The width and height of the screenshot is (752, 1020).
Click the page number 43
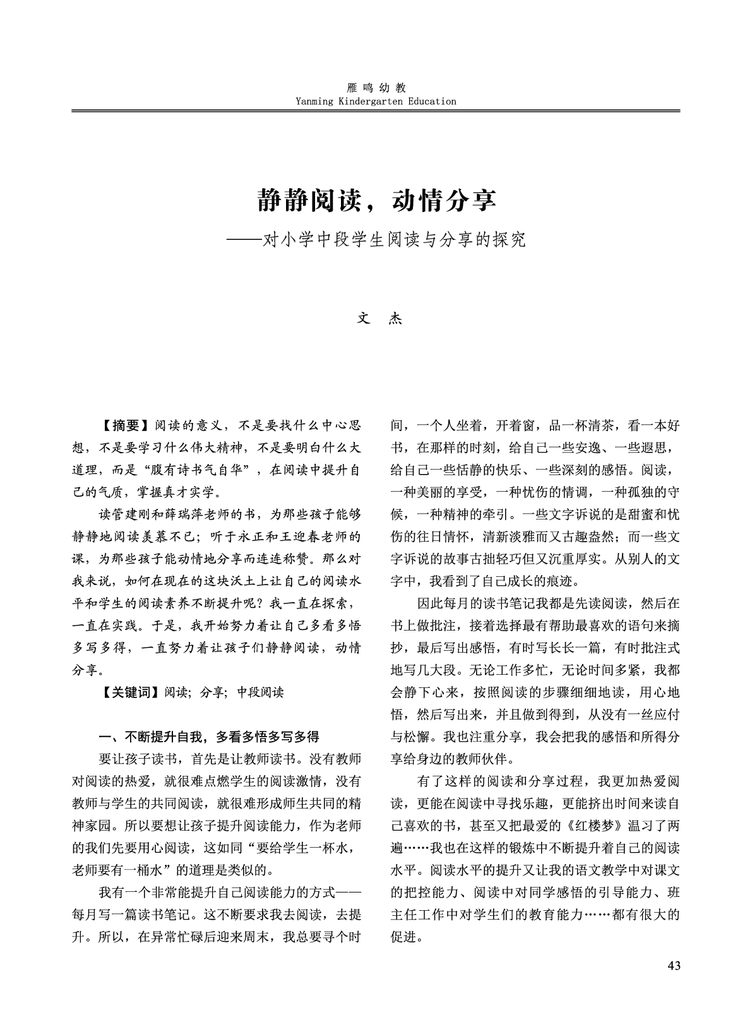[x=673, y=966]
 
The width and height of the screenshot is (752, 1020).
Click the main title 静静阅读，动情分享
[x=376, y=200]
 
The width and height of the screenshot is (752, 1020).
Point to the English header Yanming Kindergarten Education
[x=376, y=101]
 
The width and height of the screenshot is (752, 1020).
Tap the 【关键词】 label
[x=131, y=692]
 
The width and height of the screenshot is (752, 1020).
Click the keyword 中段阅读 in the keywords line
[x=260, y=692]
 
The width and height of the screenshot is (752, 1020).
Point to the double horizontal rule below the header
[x=376, y=111]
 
